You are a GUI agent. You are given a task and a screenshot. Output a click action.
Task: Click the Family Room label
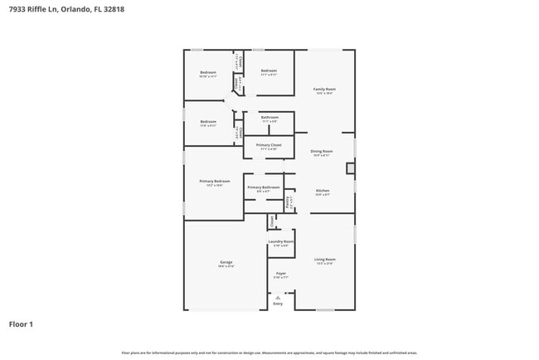point(324,89)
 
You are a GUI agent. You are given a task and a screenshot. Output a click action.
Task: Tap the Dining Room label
point(322,151)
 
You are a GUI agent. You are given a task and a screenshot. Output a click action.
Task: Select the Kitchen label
point(323,191)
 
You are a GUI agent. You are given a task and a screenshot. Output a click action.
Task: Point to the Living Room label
point(323,260)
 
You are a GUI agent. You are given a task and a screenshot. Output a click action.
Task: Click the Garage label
point(226,262)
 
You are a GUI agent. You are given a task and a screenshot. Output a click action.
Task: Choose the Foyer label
point(280,274)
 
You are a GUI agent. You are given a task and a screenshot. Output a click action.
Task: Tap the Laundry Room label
point(280,241)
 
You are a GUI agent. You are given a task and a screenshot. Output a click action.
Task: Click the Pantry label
point(288,200)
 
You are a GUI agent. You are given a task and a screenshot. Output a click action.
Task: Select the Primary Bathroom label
point(263,187)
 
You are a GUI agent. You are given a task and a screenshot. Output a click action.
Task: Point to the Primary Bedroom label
point(214,181)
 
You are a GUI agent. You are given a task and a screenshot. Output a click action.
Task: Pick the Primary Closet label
point(269,145)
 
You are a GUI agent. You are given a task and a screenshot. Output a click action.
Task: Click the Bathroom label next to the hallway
point(269,118)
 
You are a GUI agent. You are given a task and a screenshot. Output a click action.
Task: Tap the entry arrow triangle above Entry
point(278,296)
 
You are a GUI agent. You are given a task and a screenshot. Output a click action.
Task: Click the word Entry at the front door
point(278,304)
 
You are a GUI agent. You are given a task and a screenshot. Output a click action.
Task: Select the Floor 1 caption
point(21,324)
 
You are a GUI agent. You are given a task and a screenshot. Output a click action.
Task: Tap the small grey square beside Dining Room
point(350,168)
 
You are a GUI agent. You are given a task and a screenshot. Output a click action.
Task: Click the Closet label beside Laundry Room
point(271,221)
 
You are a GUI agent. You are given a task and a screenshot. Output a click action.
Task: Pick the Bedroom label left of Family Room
point(269,71)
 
